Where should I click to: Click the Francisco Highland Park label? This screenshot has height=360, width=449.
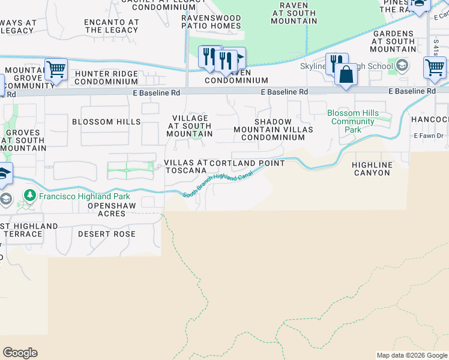click(x=76, y=196)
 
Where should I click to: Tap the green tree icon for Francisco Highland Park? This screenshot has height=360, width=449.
click(x=29, y=196)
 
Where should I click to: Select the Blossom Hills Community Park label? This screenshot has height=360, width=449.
click(x=353, y=121)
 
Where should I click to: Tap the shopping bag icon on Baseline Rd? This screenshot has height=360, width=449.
click(x=346, y=76)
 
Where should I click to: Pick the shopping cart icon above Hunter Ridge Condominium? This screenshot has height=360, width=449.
click(x=56, y=69)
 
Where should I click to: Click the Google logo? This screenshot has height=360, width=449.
click(x=20, y=353)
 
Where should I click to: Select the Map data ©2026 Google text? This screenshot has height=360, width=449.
click(x=412, y=356)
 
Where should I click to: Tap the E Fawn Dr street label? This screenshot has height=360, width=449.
click(x=429, y=136)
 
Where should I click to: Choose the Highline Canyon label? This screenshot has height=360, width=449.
click(x=372, y=169)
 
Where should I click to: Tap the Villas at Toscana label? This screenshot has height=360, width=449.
click(x=185, y=166)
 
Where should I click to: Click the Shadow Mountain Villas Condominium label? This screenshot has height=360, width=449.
click(x=273, y=129)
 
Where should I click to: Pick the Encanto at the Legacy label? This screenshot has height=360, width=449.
click(x=112, y=26)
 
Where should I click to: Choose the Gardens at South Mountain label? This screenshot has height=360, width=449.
click(x=393, y=41)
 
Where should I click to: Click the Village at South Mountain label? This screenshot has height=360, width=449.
click(x=190, y=126)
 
